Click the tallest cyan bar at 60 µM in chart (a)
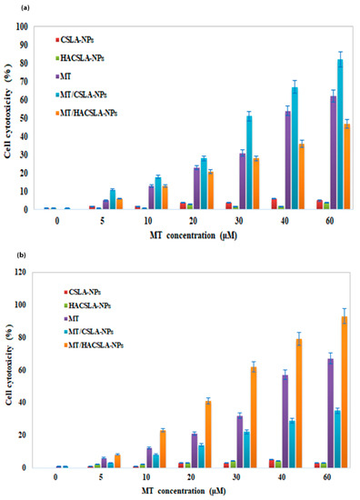point(340,134)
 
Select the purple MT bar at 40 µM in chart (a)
point(287,160)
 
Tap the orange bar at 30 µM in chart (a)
point(255,184)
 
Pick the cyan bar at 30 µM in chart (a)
point(249,163)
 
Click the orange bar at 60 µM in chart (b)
point(345,392)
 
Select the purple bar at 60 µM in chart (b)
point(331,414)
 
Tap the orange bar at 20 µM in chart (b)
point(208,435)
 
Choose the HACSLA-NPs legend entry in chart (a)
point(80,58)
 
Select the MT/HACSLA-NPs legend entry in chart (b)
point(94,345)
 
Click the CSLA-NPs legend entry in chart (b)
point(83,292)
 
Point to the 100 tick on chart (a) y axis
point(22,26)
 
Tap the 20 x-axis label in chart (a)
point(194,221)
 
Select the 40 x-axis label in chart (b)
point(282,477)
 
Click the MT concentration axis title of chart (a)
point(194,235)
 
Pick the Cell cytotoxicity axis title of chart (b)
point(9,365)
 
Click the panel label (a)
point(25,8)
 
